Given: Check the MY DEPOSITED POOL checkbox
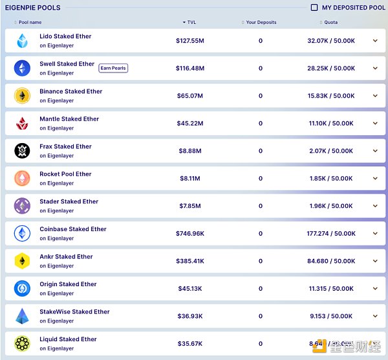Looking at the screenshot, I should pyautogui.click(x=314, y=8).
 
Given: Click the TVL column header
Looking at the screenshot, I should pyautogui.click(x=191, y=23).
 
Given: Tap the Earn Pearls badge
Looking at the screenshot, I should pyautogui.click(x=113, y=68).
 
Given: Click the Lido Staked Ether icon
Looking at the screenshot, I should pyautogui.click(x=23, y=41).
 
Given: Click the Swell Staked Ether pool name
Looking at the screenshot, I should pyautogui.click(x=67, y=64).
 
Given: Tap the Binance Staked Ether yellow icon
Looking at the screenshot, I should pyautogui.click(x=23, y=96).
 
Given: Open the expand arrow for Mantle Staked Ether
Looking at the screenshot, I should pyautogui.click(x=375, y=123).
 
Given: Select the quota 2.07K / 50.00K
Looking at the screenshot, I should pyautogui.click(x=330, y=151).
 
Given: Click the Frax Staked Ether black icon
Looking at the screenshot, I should pyautogui.click(x=23, y=151).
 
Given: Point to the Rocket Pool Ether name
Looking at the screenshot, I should pyautogui.click(x=65, y=174).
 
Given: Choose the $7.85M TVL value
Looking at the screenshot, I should pyautogui.click(x=189, y=206).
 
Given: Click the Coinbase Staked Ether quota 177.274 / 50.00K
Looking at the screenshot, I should pyautogui.click(x=330, y=234).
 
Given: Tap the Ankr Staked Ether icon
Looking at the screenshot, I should pyautogui.click(x=23, y=261).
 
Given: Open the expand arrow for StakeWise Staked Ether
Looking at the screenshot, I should pyautogui.click(x=375, y=316).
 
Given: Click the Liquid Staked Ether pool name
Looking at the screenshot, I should pyautogui.click(x=68, y=339).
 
